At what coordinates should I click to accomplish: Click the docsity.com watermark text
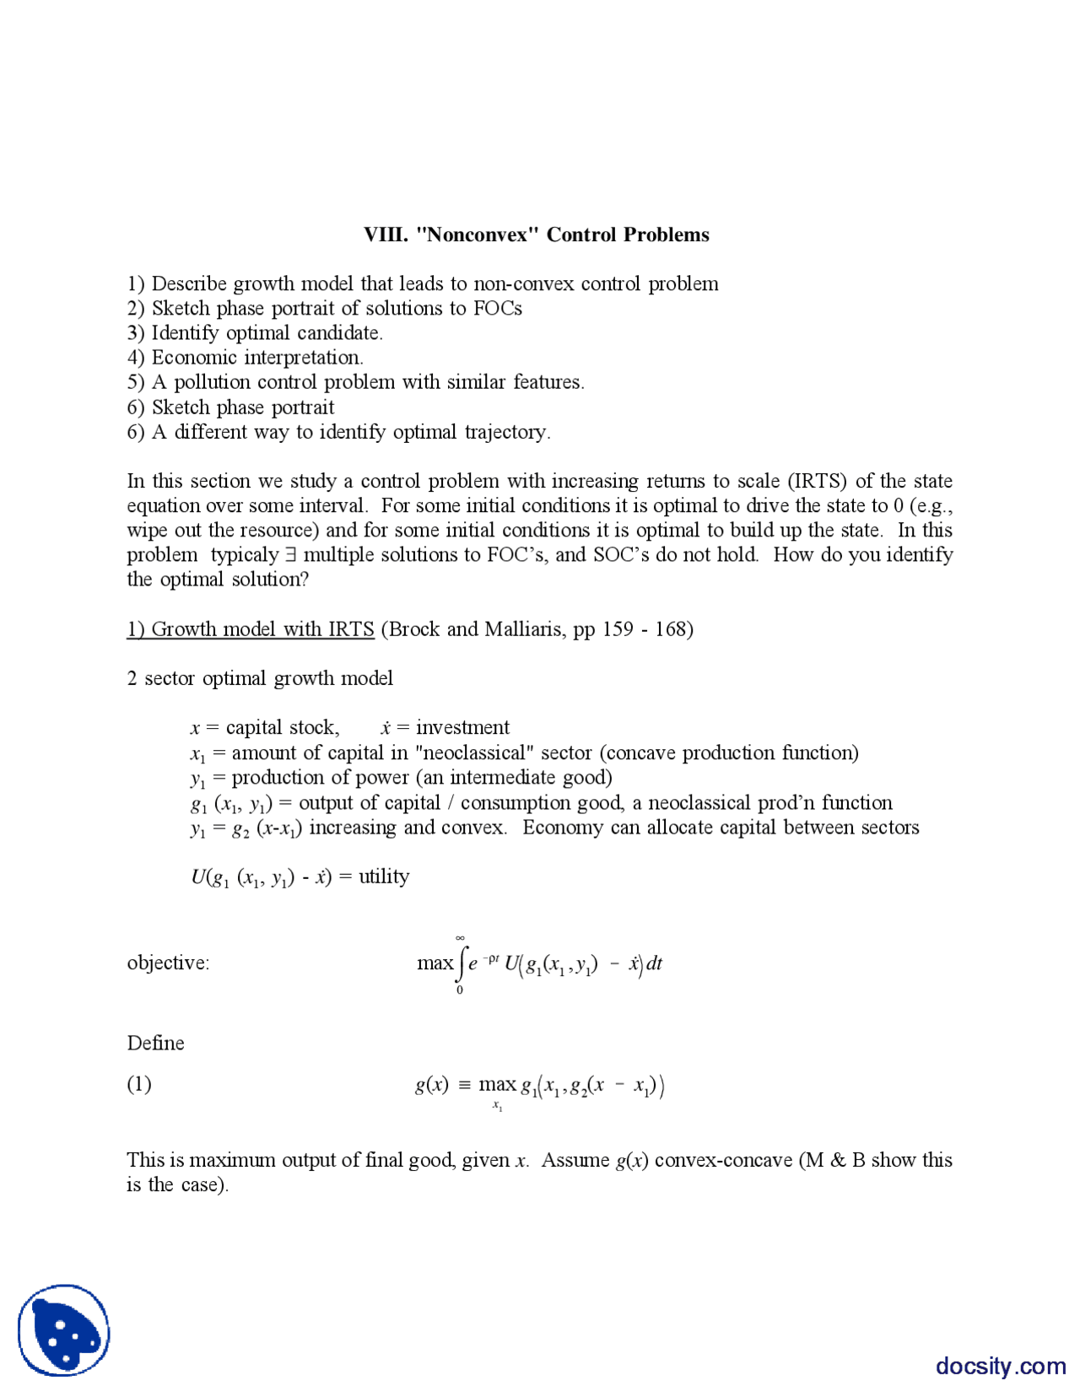coord(1001,1366)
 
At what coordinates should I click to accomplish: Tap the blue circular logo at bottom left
coord(64,1330)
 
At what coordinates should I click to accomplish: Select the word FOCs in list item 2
coord(497,309)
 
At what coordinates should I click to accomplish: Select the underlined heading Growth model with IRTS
coord(251,629)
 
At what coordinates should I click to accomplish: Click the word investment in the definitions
coord(462,728)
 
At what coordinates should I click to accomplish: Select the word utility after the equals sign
coord(384,876)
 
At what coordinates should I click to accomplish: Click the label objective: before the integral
coord(168,963)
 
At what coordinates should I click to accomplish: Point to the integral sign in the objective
coord(461,963)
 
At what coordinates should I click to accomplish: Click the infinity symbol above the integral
coord(460,937)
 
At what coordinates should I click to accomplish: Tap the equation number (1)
coord(139,1084)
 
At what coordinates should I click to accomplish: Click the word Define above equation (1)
coord(155,1044)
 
